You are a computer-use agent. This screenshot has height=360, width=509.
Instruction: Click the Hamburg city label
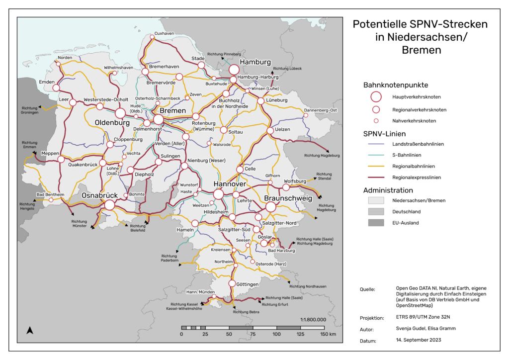[255, 62]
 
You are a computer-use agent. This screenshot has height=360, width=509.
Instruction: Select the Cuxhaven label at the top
[165, 33]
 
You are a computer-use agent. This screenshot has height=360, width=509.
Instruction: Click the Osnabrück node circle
[110, 204]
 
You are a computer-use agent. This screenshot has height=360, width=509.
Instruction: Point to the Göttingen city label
[248, 284]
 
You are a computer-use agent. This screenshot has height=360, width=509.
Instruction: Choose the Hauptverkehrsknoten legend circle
[376, 96]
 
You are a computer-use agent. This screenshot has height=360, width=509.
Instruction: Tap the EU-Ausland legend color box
[376, 223]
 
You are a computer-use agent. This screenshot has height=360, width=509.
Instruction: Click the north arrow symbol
[29, 330]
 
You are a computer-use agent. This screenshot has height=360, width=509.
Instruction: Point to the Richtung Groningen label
[30, 110]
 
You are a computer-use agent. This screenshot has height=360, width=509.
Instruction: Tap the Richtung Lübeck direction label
[288, 68]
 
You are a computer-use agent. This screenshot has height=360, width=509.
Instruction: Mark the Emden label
[46, 82]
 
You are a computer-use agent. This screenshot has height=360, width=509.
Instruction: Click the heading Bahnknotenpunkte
[396, 85]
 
